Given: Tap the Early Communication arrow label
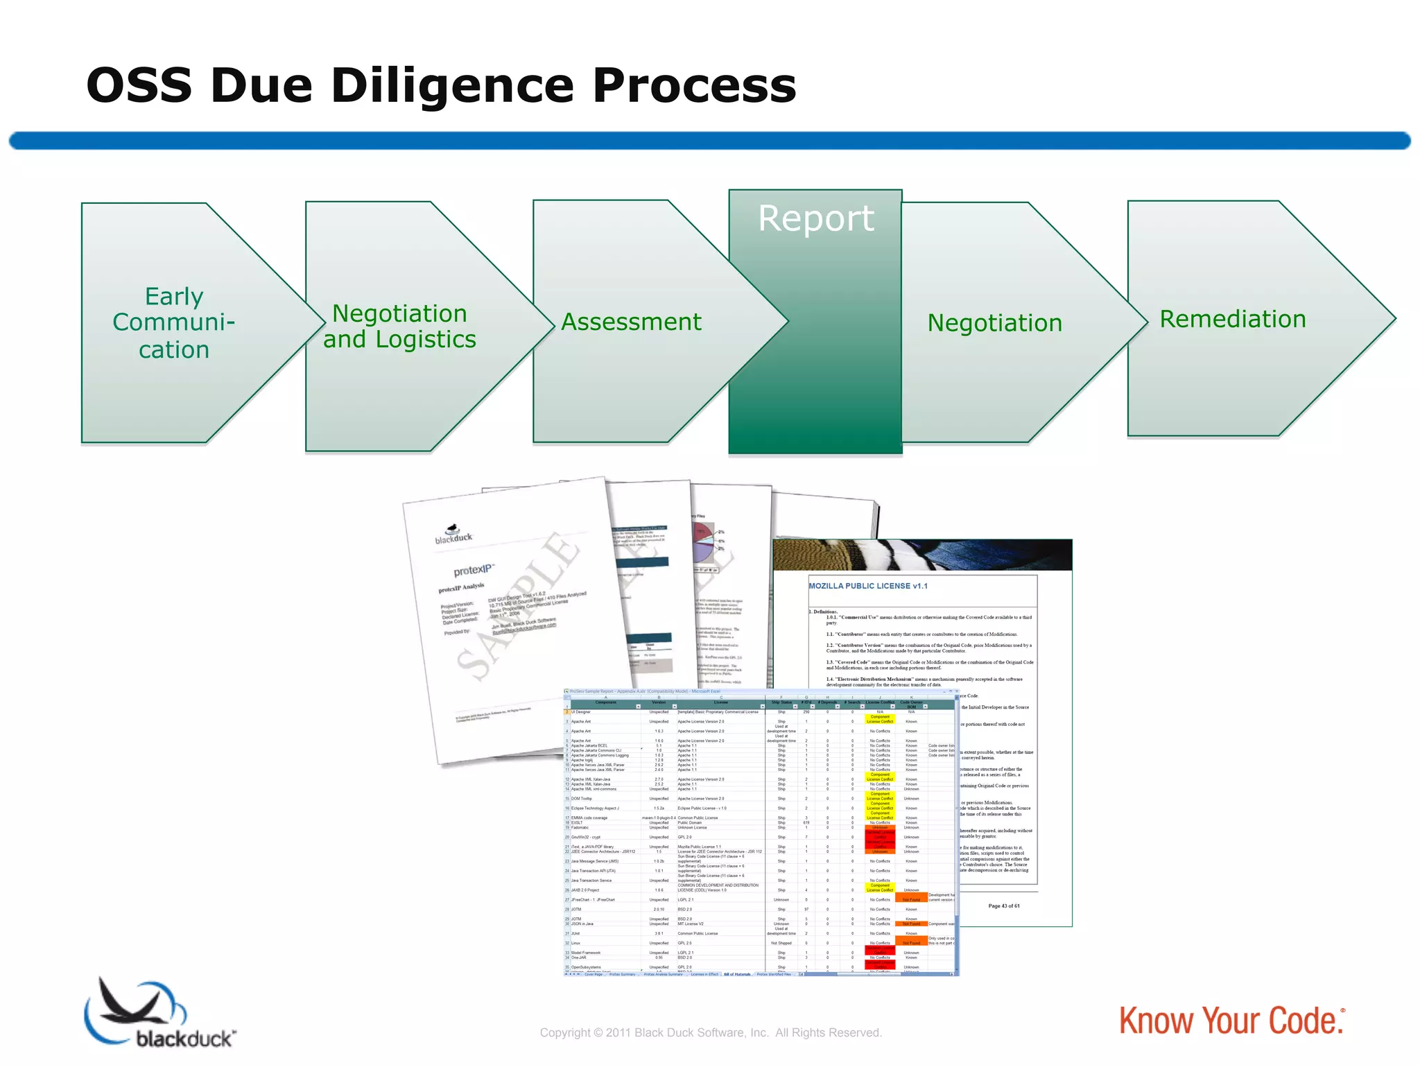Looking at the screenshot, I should (174, 323).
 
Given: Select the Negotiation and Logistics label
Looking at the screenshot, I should (399, 327).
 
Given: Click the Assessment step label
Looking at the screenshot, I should (631, 322).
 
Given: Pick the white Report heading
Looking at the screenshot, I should (815, 219).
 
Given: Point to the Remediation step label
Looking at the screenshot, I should (1233, 319).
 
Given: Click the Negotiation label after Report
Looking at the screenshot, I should (994, 323).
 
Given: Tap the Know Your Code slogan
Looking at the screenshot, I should (1231, 1021).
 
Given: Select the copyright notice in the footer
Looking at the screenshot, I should (711, 1032).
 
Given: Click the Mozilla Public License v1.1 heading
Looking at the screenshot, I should (867, 586).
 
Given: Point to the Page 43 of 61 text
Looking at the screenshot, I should (1003, 906).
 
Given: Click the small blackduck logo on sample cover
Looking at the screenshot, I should (453, 535).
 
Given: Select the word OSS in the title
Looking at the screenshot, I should (139, 86).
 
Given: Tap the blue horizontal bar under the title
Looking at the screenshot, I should (710, 141).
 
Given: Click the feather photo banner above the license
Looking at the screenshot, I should (922, 555).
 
